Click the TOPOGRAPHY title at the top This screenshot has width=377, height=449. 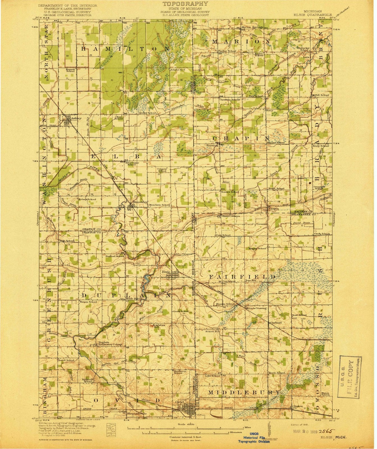[185, 4]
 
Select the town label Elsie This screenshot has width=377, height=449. [164, 271]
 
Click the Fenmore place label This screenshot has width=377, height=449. [212, 146]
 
